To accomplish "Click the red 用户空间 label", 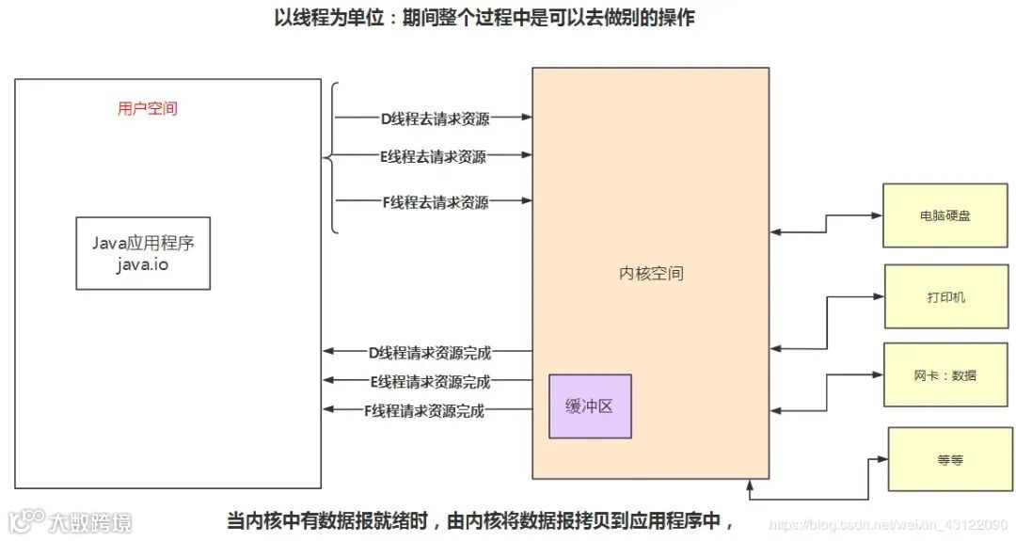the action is (x=147, y=108).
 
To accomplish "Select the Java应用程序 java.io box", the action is (x=143, y=253).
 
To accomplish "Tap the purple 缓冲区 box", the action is (x=590, y=406).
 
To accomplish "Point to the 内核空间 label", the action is (x=651, y=274).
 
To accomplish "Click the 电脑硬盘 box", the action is (x=945, y=215).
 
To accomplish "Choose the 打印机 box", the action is (x=945, y=296).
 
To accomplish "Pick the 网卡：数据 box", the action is (x=945, y=375).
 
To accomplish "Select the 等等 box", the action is (x=949, y=459).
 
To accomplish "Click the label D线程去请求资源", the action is (x=435, y=119).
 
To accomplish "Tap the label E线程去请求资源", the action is (x=433, y=157).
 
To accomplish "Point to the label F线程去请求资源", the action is (x=435, y=201).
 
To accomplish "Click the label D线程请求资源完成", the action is (x=430, y=353).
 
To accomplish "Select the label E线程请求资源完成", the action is (x=430, y=382).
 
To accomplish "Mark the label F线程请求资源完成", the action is (x=424, y=410).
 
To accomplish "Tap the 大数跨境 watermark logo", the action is (x=70, y=521).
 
